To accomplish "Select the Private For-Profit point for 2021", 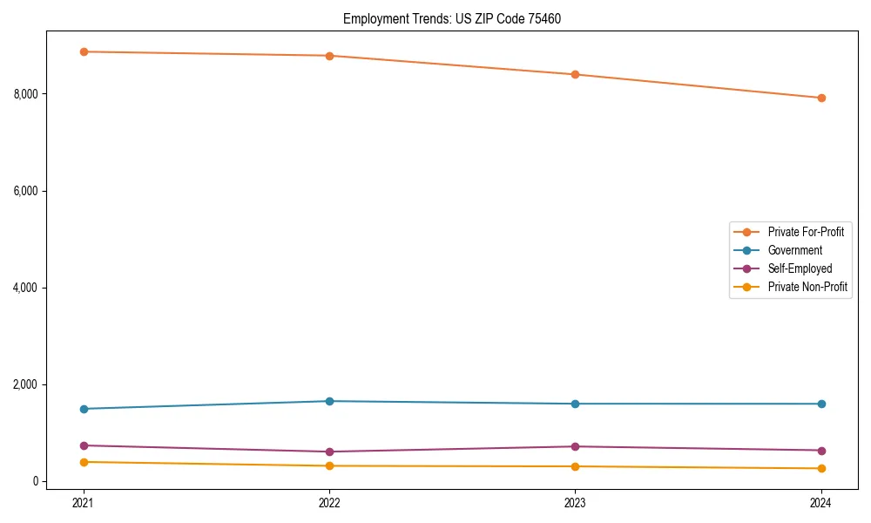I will pyautogui.click(x=84, y=51).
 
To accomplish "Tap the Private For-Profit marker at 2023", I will pyautogui.click(x=575, y=74).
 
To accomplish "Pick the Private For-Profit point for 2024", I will pyautogui.click(x=821, y=98).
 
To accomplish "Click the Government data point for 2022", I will pyautogui.click(x=329, y=401).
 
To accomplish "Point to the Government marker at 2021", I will pyautogui.click(x=84, y=409).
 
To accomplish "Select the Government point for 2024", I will pyautogui.click(x=821, y=404).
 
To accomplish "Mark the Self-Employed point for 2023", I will pyautogui.click(x=575, y=446).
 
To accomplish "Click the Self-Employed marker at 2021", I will pyautogui.click(x=84, y=445).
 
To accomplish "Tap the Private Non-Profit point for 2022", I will pyautogui.click(x=329, y=465).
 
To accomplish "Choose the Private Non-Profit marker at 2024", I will pyautogui.click(x=821, y=468).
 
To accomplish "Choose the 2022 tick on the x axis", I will pyautogui.click(x=329, y=502).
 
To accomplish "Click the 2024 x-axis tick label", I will pyautogui.click(x=821, y=502).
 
